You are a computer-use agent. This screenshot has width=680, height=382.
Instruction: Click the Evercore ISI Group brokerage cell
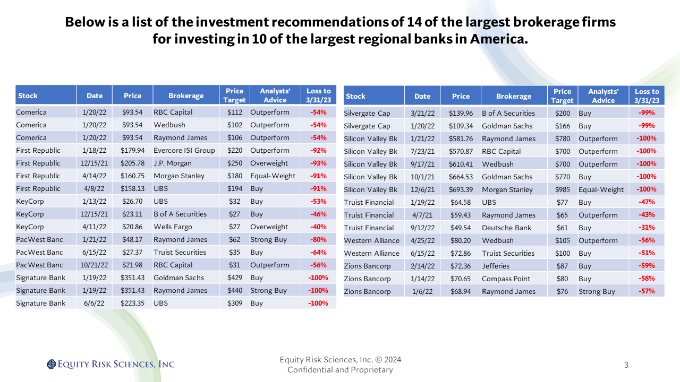pos(184,150)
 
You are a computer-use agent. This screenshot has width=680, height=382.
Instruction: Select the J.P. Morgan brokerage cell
pos(173,163)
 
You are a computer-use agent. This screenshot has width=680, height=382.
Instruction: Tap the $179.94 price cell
pos(132,150)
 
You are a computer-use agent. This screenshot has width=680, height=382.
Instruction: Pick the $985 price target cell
pos(562,189)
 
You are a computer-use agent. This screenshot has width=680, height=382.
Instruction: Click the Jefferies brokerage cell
pos(496,266)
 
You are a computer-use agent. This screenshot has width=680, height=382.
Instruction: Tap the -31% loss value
pos(647,228)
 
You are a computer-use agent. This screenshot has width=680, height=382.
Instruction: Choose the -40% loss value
pos(318,227)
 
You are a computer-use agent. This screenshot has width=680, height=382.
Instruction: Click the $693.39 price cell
pos(461,189)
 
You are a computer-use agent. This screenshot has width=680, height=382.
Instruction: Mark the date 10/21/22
pos(95,265)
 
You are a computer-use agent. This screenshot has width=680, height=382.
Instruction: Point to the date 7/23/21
pos(422,151)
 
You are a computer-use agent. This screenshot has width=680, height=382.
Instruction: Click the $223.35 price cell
pos(132,303)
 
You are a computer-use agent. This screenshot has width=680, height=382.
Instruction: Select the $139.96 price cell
pos(461,113)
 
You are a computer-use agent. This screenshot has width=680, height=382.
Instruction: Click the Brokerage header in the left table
pos(186,95)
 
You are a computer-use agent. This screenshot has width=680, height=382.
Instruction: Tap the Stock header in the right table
pos(355,96)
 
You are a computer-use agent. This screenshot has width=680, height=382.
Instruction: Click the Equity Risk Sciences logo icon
pos(51,364)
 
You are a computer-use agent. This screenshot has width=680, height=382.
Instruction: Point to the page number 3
pos(626,364)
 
